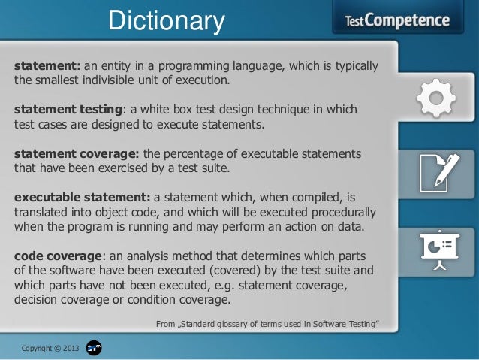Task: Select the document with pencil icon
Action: click(x=438, y=171)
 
